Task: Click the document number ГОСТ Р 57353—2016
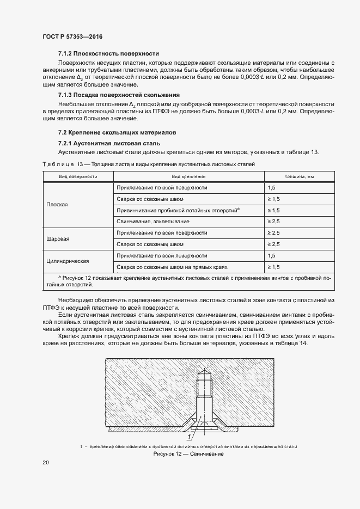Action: (x=72, y=36)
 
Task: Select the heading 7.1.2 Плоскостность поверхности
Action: (x=108, y=53)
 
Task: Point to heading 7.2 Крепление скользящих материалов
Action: (x=117, y=133)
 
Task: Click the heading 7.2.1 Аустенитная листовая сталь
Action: (x=108, y=143)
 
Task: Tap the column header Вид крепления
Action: (x=188, y=176)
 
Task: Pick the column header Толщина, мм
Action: (x=300, y=176)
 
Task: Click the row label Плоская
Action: (x=57, y=205)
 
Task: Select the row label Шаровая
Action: (x=58, y=238)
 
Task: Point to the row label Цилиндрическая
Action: (x=68, y=261)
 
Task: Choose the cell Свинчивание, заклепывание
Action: (x=153, y=222)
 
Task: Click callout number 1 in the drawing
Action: (x=190, y=437)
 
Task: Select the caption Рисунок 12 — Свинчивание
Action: (x=188, y=453)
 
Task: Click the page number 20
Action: (x=46, y=463)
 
